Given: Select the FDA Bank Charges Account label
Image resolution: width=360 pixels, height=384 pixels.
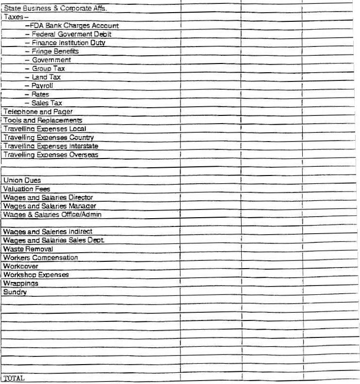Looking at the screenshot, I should (72, 26).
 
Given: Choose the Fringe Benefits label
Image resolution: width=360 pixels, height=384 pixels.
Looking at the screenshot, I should (52, 51).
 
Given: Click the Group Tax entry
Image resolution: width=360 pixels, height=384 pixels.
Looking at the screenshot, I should (45, 68).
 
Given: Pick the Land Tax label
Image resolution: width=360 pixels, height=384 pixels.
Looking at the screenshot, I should (43, 77).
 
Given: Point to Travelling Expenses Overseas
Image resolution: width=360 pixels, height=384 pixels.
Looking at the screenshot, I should (51, 155).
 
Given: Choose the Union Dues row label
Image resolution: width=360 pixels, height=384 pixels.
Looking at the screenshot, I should (22, 180).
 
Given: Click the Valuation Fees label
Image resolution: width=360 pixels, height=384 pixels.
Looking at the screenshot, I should (27, 189).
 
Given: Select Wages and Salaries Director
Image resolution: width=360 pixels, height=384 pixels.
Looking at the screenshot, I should (48, 197).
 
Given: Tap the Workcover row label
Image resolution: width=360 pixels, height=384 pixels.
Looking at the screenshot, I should (21, 266).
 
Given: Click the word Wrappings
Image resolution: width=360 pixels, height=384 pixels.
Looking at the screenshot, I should (21, 283).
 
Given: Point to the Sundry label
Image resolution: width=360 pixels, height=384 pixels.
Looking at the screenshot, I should (15, 292).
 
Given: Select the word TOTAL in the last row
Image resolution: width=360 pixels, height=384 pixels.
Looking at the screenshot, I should (14, 377).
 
